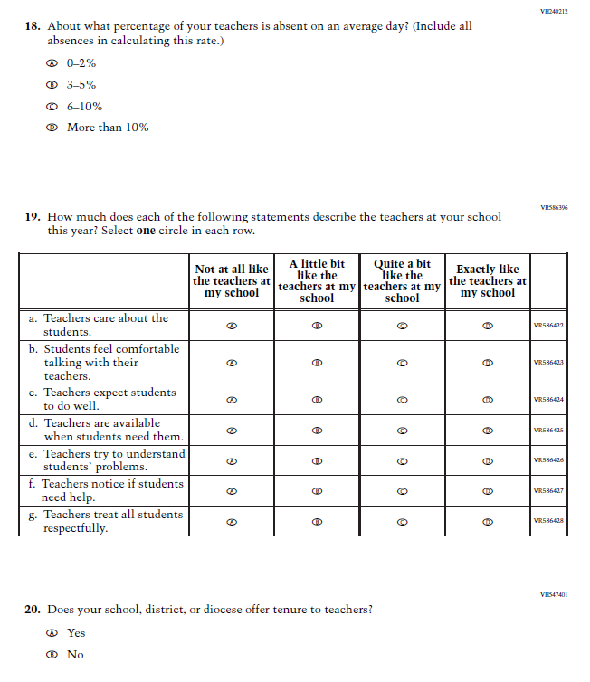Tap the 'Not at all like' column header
point(232,280)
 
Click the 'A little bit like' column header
point(317,280)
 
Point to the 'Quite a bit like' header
point(402,280)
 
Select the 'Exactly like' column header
point(487,280)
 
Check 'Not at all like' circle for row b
point(232,363)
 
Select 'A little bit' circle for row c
point(317,399)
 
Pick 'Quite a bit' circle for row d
point(402,430)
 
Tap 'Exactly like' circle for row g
point(487,521)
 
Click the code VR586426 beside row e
point(548,460)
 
